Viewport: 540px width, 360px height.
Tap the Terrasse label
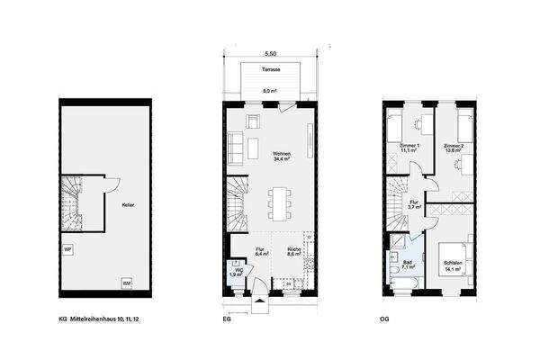pyautogui.click(x=270, y=69)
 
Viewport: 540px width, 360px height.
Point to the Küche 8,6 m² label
pyautogui.click(x=294, y=253)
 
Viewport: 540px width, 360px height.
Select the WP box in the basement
pyautogui.click(x=67, y=249)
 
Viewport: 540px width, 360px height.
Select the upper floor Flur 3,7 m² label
pyautogui.click(x=414, y=205)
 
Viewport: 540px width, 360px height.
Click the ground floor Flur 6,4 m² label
pyautogui.click(x=259, y=253)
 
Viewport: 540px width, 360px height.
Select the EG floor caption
pyautogui.click(x=226, y=319)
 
